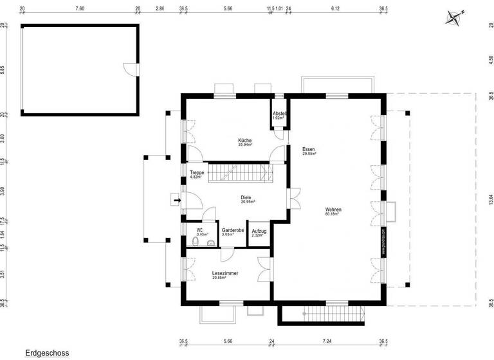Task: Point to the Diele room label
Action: coord(246,199)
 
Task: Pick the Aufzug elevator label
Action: coord(259,233)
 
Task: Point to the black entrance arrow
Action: coord(176,201)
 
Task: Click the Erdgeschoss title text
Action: coord(46,353)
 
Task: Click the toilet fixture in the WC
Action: coord(196,244)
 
